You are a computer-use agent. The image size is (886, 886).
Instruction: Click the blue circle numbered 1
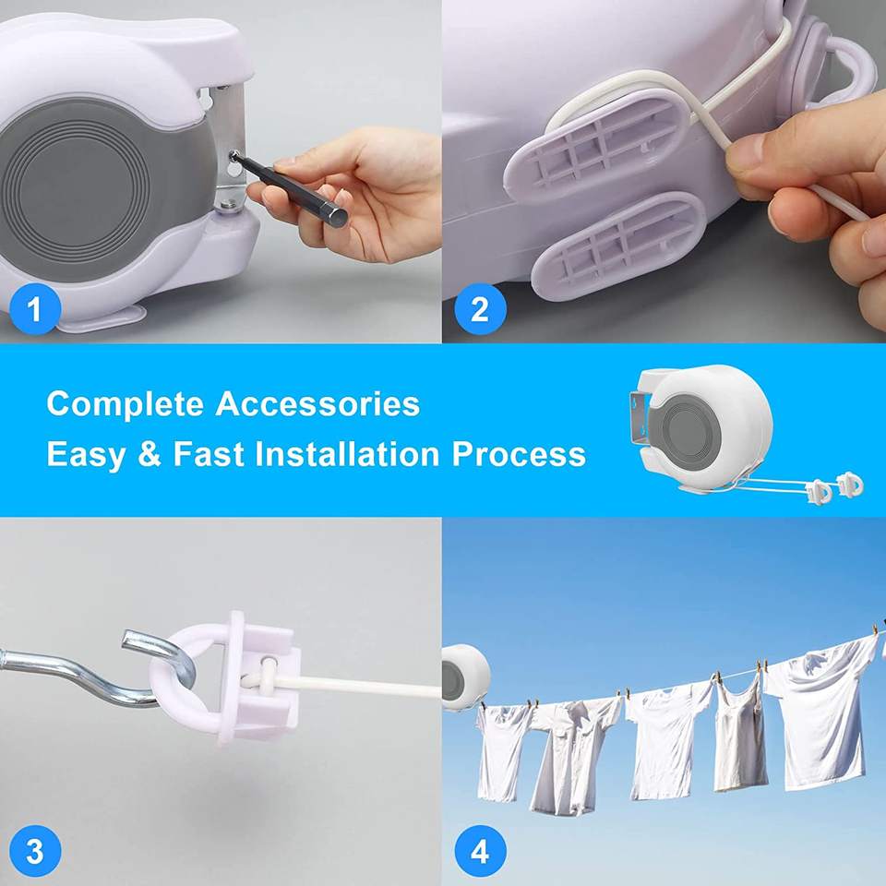point(35,309)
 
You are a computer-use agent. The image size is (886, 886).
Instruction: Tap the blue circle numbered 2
point(480,309)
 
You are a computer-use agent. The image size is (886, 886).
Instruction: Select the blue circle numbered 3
point(35,852)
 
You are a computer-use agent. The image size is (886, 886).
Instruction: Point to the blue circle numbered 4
point(480,852)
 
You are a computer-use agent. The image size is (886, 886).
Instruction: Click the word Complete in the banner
point(125,405)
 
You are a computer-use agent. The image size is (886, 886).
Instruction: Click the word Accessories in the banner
point(317,404)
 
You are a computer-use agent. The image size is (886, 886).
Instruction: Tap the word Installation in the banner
point(347,454)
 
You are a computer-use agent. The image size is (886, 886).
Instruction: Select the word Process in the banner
point(519,454)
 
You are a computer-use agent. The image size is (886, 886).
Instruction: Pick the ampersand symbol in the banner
point(150,454)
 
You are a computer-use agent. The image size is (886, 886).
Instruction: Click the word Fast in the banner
point(209,454)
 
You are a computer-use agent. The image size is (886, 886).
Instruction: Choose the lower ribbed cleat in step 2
point(618,245)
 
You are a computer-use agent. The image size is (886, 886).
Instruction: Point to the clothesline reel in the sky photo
point(464,676)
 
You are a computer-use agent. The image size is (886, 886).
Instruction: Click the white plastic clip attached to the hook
point(226,676)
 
